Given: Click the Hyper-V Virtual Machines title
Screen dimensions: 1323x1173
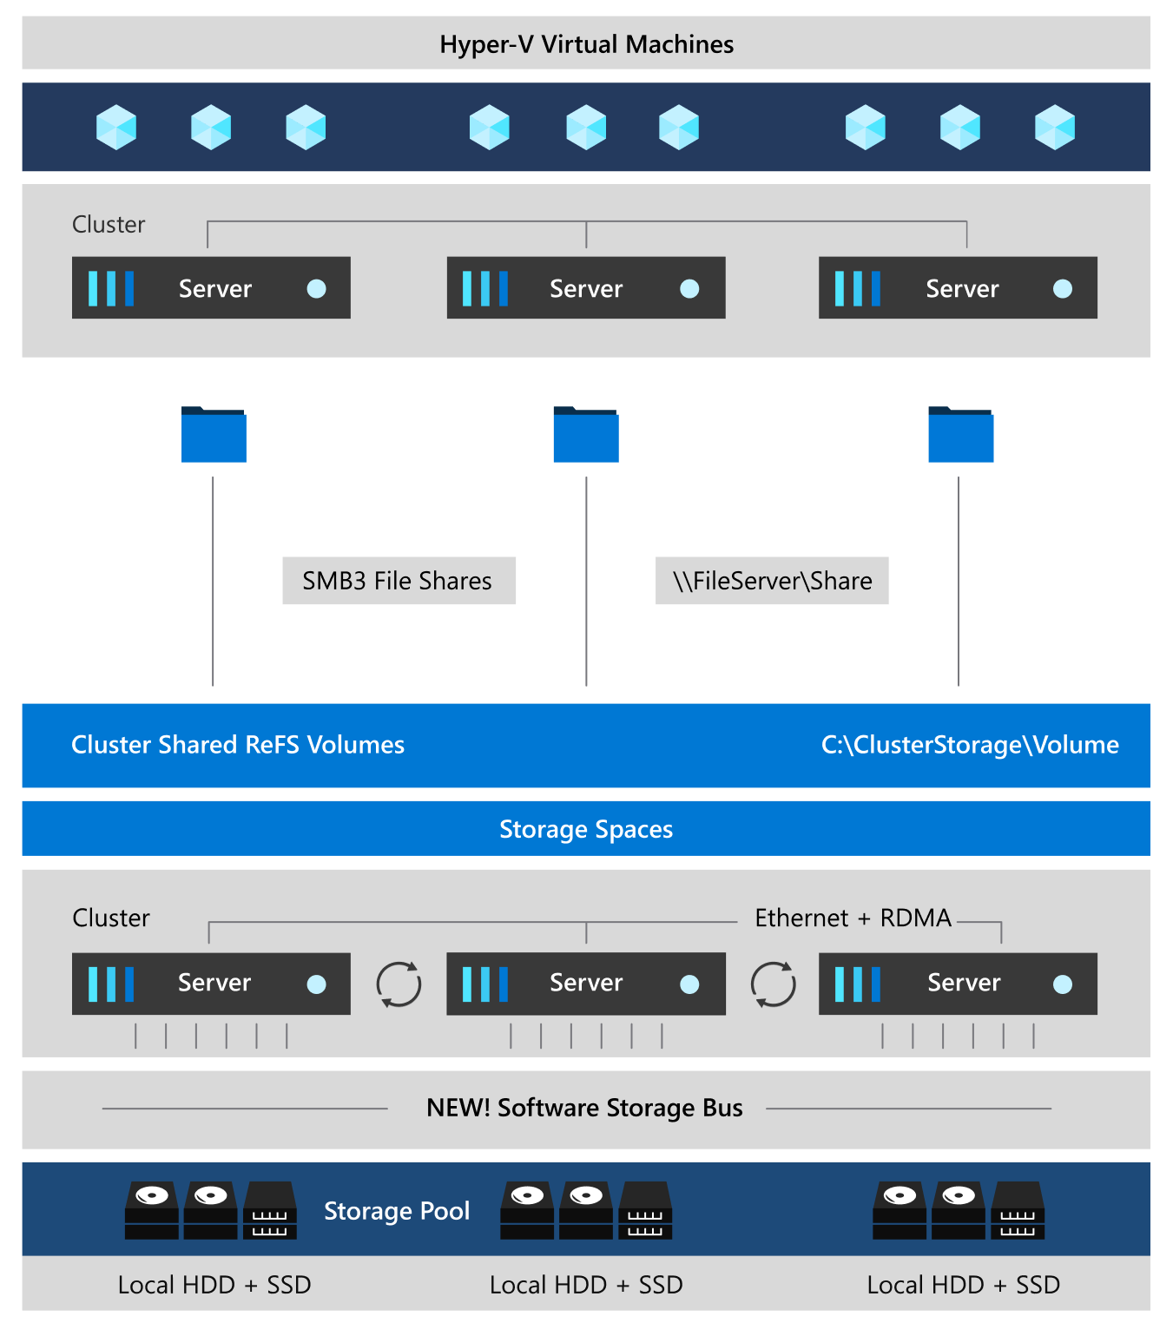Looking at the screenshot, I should tap(586, 44).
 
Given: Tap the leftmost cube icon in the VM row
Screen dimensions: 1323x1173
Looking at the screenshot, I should tap(116, 128).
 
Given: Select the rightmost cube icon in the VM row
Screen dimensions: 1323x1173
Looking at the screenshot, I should tap(1054, 128).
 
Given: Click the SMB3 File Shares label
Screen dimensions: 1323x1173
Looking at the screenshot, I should tap(398, 581).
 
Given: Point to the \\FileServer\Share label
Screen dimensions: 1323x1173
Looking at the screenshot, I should tap(772, 581).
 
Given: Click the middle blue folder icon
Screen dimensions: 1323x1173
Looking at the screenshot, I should tap(586, 435).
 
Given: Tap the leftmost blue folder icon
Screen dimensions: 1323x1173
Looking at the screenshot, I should tap(214, 435).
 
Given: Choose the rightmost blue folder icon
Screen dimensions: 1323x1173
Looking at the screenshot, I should tap(960, 435).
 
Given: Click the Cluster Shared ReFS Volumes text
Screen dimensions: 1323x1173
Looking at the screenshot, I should tap(238, 745).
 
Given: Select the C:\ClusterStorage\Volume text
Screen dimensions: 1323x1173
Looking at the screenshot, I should tap(970, 745).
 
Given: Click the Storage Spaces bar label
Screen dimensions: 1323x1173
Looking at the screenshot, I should tap(586, 829).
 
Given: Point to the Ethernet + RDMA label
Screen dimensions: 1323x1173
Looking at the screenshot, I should tap(853, 918).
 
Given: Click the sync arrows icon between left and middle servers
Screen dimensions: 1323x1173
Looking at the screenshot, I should tap(399, 984).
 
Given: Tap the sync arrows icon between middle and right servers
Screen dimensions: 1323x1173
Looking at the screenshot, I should tap(773, 984).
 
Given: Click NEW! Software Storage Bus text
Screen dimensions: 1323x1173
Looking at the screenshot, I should tap(584, 1108).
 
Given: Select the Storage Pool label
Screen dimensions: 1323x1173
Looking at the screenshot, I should tap(397, 1211).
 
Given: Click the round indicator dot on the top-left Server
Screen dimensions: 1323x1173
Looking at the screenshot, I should tap(317, 289).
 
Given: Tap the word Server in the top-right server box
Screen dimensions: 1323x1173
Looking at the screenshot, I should tap(962, 289).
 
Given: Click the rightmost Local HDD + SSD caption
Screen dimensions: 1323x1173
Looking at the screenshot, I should tap(963, 1285).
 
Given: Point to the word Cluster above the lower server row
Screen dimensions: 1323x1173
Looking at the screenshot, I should tap(111, 918).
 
